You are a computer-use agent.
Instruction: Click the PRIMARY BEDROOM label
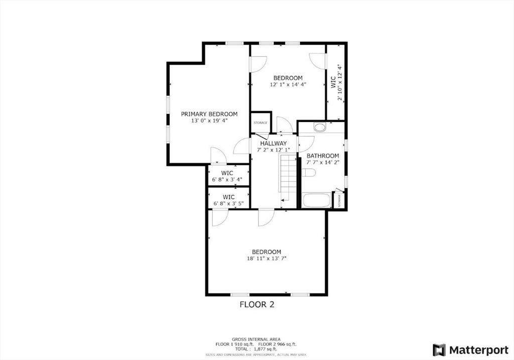pyautogui.click(x=209, y=114)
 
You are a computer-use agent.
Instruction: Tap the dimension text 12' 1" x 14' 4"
pyautogui.click(x=288, y=85)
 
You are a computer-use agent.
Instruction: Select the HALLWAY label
pyautogui.click(x=273, y=143)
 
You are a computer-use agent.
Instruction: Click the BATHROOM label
pyautogui.click(x=323, y=156)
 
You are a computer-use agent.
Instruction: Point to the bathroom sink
pyautogui.click(x=320, y=127)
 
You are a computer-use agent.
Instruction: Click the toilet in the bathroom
pyautogui.click(x=308, y=173)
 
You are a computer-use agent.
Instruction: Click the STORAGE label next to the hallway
pyautogui.click(x=260, y=123)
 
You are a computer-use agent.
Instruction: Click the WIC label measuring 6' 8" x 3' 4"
pyautogui.click(x=227, y=173)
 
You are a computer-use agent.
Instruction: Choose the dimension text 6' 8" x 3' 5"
pyautogui.click(x=228, y=204)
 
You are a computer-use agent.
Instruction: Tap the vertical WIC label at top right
pyautogui.click(x=333, y=82)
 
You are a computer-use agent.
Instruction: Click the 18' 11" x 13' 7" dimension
pyautogui.click(x=266, y=259)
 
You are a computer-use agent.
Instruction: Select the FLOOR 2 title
pyautogui.click(x=256, y=304)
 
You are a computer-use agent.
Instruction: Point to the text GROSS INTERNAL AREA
pyautogui.click(x=256, y=339)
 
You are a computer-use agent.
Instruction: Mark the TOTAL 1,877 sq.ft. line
pyautogui.click(x=256, y=348)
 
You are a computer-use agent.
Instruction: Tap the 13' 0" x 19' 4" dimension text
pyautogui.click(x=209, y=121)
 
